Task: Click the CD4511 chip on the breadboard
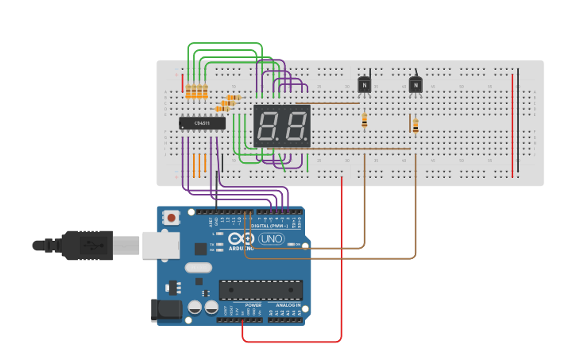[202, 123]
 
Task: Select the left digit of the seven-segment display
[269, 126]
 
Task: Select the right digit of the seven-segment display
[295, 126]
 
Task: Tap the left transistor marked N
[364, 84]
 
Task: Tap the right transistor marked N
[416, 84]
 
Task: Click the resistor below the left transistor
[365, 120]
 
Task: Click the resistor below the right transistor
[416, 124]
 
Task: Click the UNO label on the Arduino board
[271, 238]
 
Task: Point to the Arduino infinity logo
[240, 238]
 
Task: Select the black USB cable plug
[79, 246]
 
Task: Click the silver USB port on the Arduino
[160, 246]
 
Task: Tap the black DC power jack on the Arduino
[166, 309]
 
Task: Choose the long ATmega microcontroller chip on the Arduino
[261, 290]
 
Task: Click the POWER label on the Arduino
[253, 305]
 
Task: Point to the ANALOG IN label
[288, 305]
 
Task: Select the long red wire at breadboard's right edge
[512, 123]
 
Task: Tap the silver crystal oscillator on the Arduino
[199, 268]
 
